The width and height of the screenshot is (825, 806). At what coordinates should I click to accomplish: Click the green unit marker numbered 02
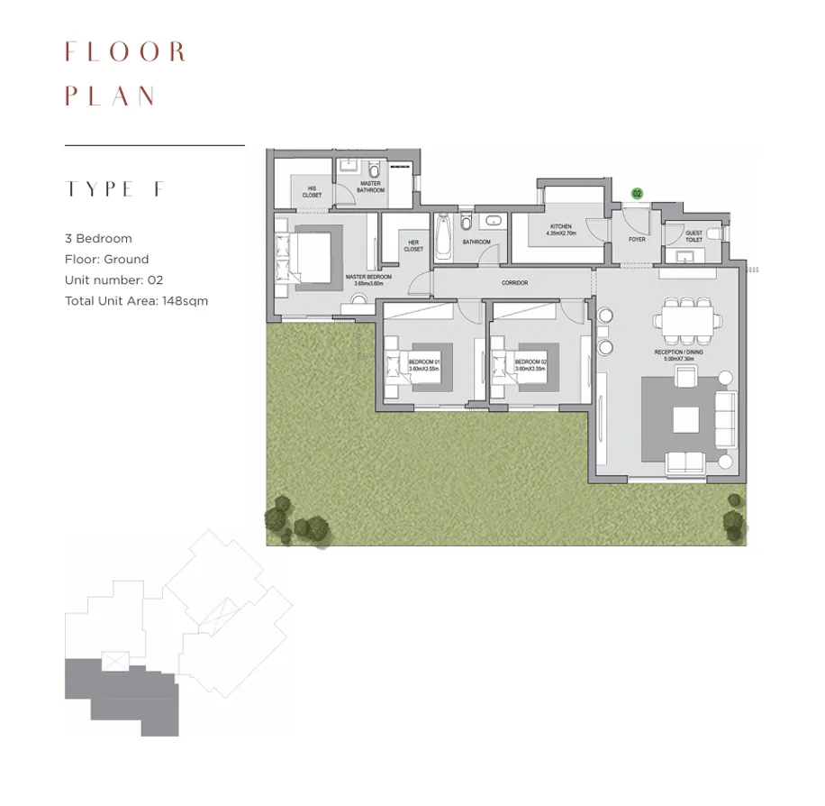coord(637,194)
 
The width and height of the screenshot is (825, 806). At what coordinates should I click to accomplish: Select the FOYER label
coord(637,240)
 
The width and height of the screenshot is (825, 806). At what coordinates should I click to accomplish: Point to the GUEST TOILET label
coord(694,236)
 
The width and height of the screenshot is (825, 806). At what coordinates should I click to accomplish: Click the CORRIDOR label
coord(514,283)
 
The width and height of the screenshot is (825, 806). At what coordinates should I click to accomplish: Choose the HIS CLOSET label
coord(312,191)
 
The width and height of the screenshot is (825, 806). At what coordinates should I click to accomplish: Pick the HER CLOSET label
coord(413,245)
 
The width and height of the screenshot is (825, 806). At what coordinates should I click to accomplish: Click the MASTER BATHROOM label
coord(369,188)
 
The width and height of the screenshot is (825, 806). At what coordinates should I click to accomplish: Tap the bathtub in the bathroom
coord(443,235)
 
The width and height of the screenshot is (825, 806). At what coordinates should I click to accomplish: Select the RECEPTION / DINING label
coord(681,355)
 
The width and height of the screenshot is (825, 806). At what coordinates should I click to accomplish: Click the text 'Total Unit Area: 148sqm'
coord(136,301)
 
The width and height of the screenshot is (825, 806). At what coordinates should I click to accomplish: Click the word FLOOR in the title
coord(125,52)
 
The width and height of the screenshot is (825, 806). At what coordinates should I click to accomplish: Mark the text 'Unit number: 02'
coord(113,280)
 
